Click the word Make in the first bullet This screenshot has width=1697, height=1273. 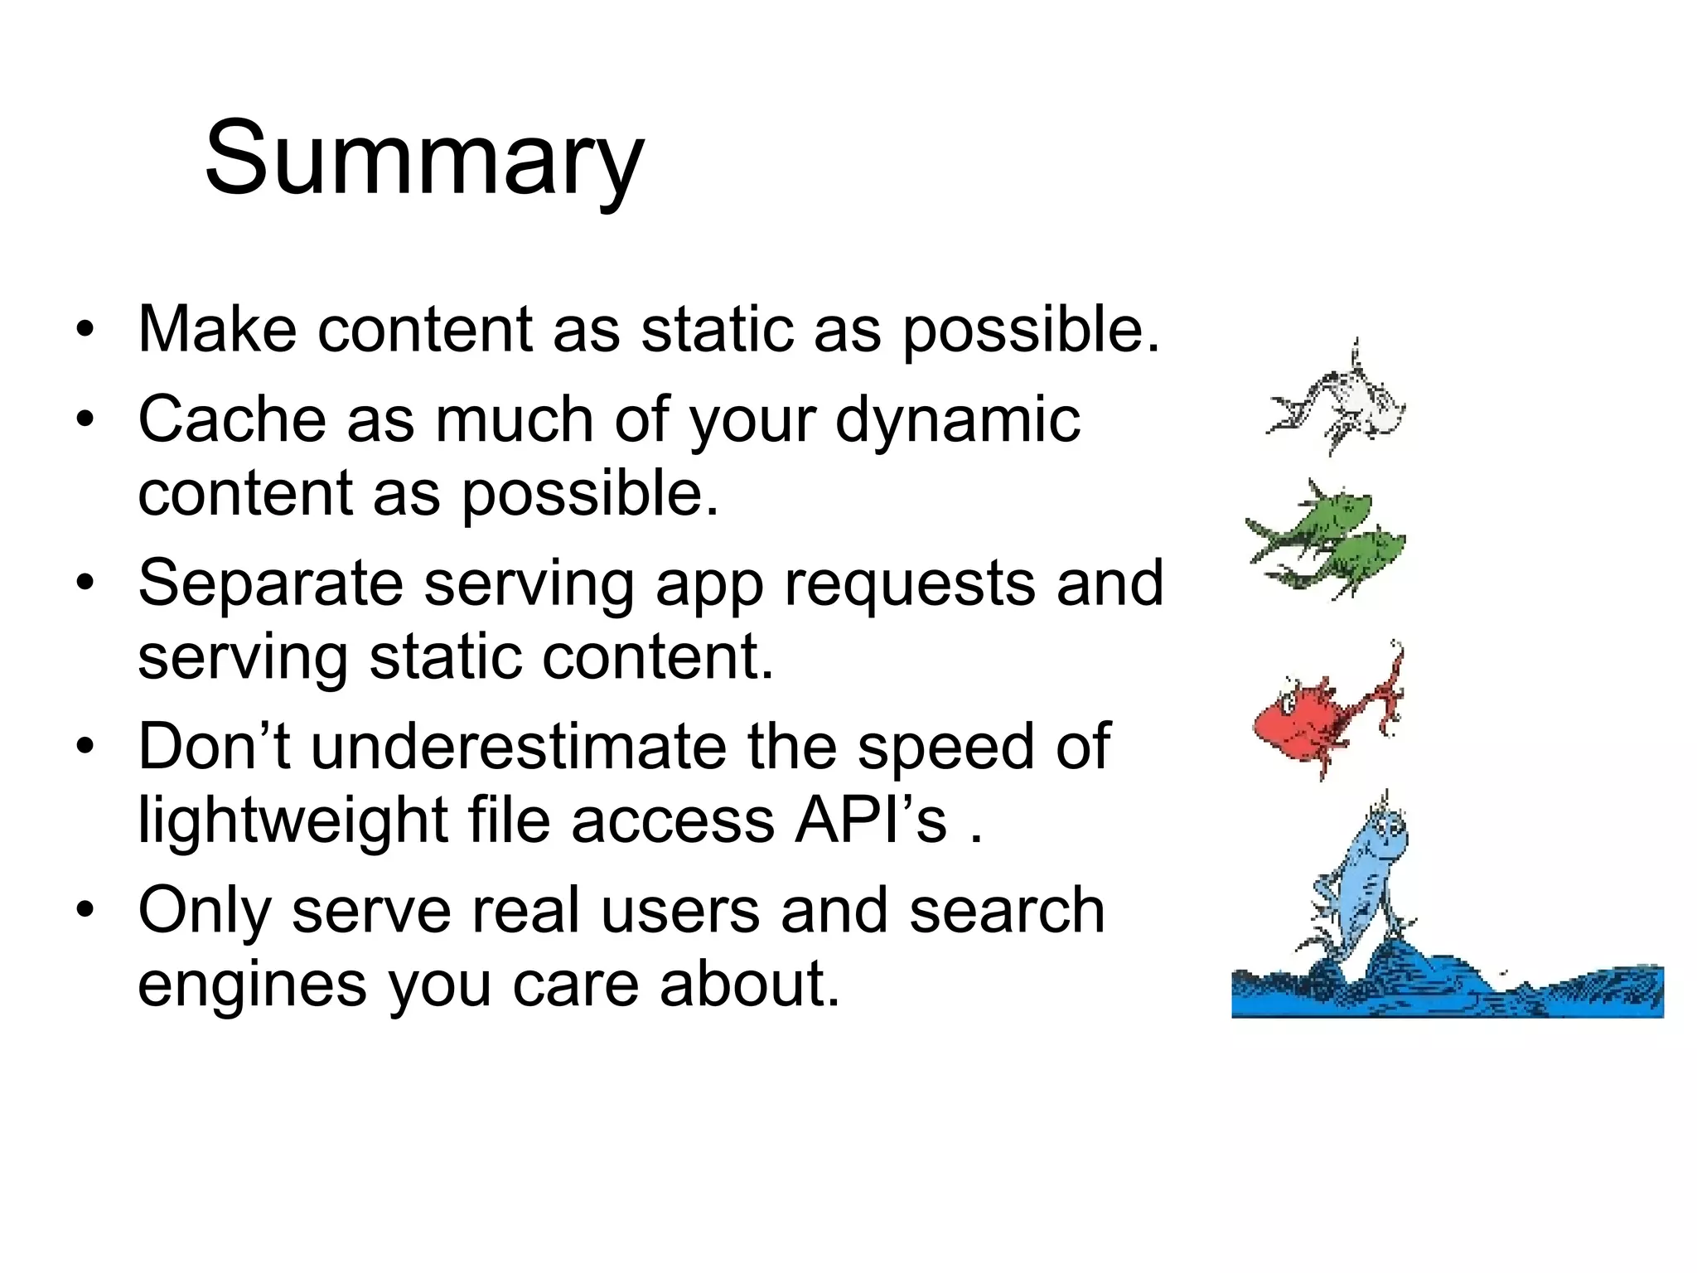point(217,330)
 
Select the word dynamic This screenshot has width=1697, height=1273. point(957,421)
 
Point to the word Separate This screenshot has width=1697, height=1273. point(270,584)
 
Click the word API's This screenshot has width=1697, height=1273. point(870,820)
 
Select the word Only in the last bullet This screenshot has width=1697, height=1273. point(204,911)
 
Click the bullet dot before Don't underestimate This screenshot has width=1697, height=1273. point(85,747)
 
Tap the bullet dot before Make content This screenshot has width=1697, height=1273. point(85,330)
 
